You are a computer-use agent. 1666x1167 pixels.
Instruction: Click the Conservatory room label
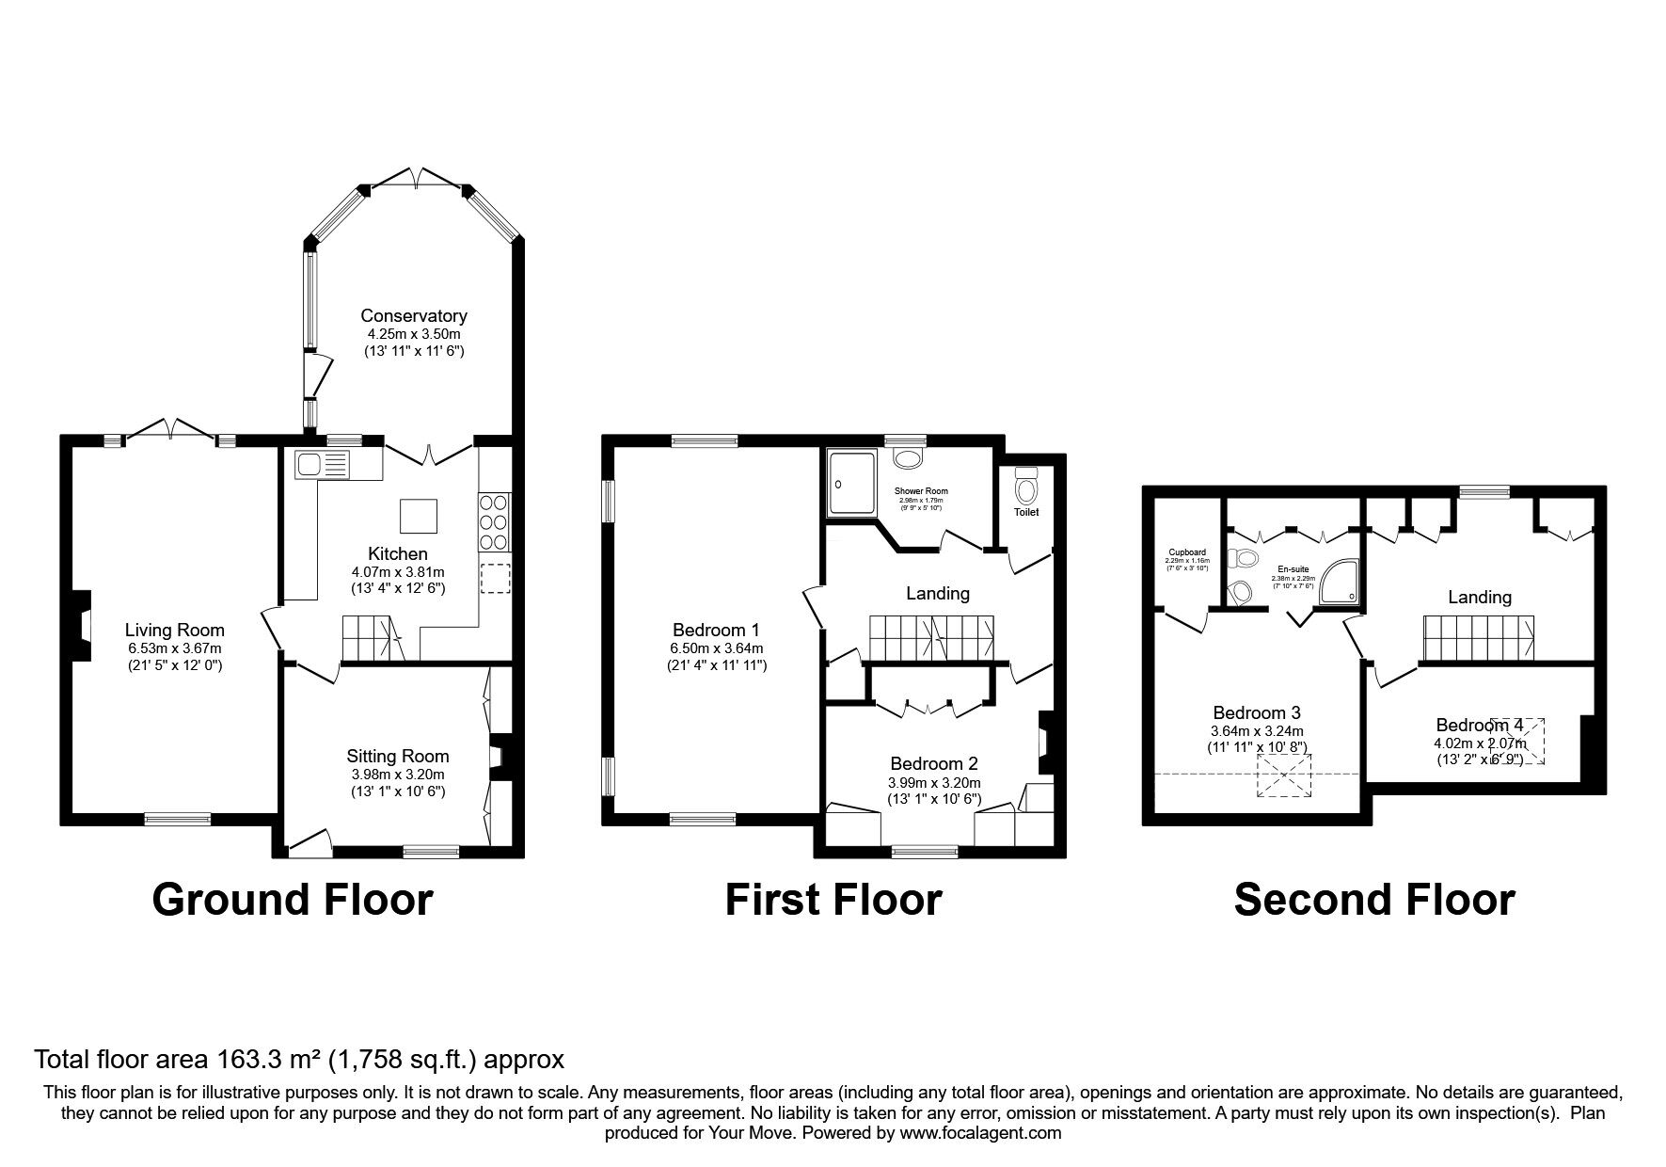414,315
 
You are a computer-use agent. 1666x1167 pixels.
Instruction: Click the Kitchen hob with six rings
496,522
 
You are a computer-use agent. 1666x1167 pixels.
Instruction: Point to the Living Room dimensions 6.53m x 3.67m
175,647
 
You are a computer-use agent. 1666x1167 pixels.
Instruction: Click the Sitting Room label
398,756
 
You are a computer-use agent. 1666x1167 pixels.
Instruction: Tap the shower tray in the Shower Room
851,482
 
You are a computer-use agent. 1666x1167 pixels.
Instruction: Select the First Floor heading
833,899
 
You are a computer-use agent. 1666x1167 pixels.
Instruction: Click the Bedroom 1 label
716,630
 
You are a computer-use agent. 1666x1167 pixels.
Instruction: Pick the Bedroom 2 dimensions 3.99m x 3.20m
934,782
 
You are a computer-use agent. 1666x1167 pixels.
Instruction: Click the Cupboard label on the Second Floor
1186,552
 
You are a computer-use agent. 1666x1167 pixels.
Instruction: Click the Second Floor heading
1373,899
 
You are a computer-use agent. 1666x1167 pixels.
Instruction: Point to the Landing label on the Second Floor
1480,597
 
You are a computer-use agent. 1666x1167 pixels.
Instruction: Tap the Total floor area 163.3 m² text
299,1060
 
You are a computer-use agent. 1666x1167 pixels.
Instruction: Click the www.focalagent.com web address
979,1133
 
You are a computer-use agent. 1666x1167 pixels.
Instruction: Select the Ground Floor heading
292,899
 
